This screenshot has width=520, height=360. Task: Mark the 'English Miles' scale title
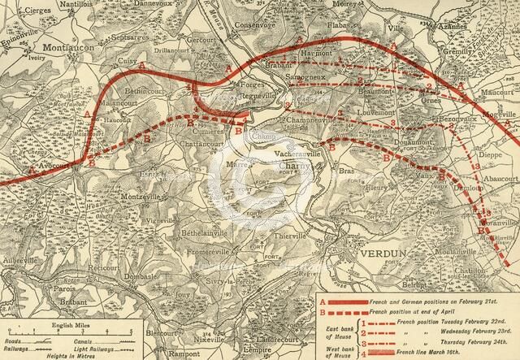click(x=54, y=323)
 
